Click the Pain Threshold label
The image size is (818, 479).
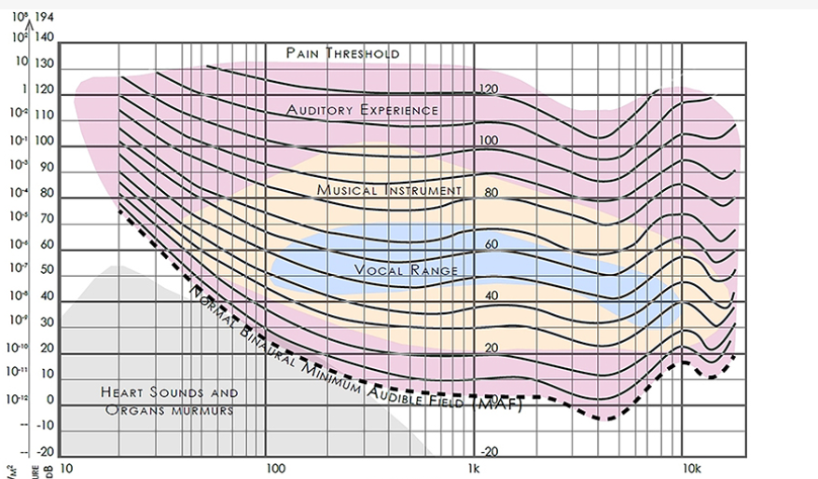point(342,53)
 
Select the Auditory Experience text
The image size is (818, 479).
point(362,110)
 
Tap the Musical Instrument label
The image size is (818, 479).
point(389,190)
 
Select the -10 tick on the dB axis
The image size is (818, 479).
point(43,426)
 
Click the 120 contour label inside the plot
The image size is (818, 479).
point(489,89)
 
